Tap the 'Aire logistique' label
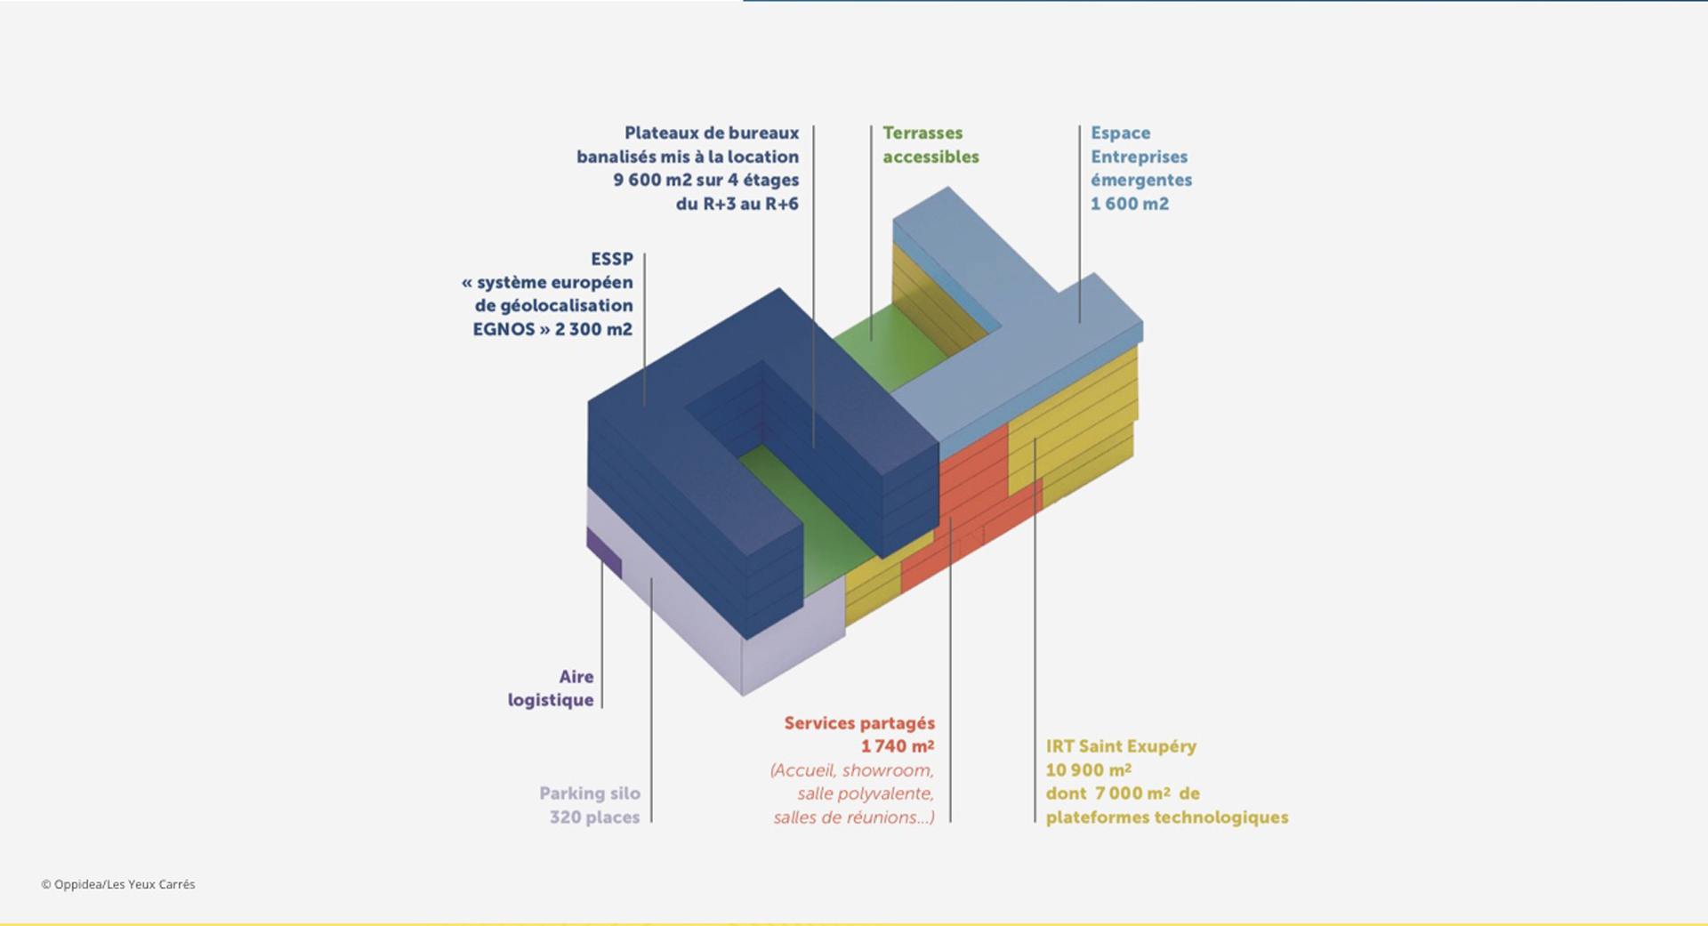tap(551, 688)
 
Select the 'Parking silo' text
tap(590, 793)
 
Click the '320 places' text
tap(594, 817)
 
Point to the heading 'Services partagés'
tap(859, 723)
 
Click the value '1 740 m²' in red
tap(898, 746)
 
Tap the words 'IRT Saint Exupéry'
tap(1121, 746)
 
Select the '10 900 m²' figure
tap(1089, 770)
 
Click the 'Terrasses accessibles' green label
tap(931, 145)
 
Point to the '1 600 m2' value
tap(1130, 204)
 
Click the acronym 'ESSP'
tap(612, 259)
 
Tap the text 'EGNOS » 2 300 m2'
tap(552, 329)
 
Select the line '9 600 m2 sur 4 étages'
tap(705, 180)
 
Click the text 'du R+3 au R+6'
tap(737, 204)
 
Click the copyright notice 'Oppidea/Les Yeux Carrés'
tap(125, 884)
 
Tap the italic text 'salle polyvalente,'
tap(866, 793)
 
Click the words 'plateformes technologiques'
tap(1167, 817)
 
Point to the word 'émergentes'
tap(1141, 180)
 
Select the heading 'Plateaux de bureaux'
tap(712, 133)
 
